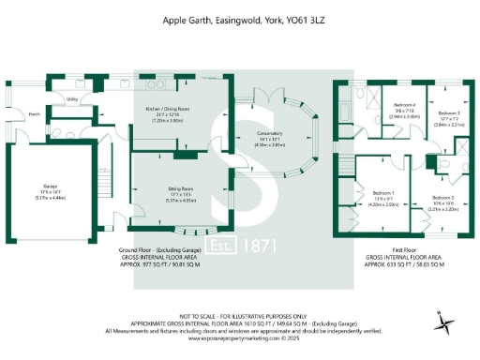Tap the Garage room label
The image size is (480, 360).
49,186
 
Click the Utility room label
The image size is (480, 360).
72,97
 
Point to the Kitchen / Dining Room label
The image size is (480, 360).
168,110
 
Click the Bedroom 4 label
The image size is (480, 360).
404,104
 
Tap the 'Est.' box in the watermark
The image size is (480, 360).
192,248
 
